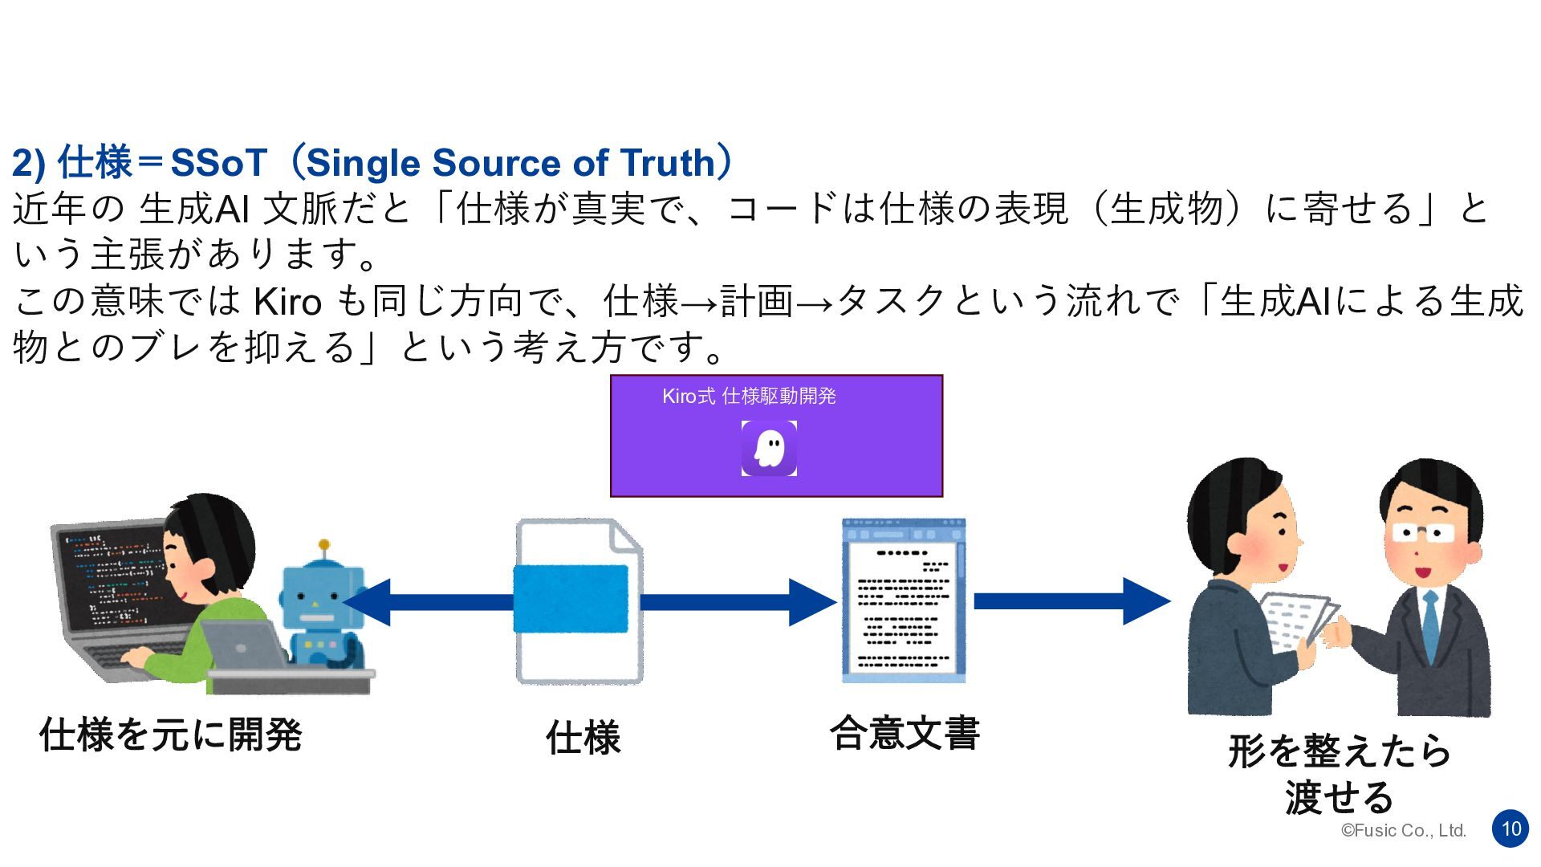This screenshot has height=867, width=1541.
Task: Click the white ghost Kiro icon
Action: tap(769, 448)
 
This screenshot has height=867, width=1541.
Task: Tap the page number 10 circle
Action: tap(1511, 828)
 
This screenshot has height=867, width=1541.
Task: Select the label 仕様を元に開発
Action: tap(170, 735)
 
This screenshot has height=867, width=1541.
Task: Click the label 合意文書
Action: tap(905, 733)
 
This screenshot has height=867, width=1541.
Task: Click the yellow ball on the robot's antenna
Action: tap(324, 543)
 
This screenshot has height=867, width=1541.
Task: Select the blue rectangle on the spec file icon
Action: tap(571, 599)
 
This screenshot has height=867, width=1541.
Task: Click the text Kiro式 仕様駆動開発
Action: tap(749, 397)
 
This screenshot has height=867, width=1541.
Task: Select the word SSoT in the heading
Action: tap(218, 164)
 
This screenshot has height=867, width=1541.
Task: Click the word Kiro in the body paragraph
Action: tap(287, 303)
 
